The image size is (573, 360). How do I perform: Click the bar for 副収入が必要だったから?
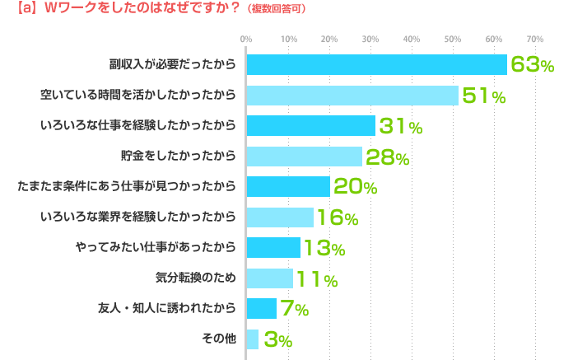376,64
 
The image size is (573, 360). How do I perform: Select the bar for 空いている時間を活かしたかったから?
352,95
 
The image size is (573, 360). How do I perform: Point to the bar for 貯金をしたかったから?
304,157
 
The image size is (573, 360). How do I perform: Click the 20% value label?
356,187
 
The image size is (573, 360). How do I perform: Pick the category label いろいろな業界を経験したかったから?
138,217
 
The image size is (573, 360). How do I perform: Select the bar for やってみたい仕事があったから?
273,247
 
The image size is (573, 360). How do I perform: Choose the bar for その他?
253,339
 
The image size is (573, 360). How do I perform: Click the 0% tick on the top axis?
246,39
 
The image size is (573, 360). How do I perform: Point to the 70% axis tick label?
534,39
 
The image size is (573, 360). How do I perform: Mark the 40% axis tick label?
411,39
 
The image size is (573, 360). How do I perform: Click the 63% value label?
532,64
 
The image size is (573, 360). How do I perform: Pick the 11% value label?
318,278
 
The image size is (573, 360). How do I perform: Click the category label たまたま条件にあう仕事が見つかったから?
127,187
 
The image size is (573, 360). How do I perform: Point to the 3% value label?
278,339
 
